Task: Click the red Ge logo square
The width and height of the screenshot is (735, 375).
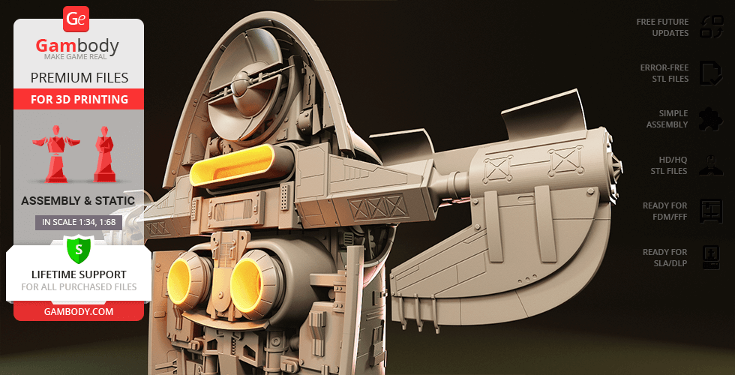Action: pyautogui.click(x=76, y=19)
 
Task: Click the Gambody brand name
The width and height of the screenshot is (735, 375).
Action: pyautogui.click(x=77, y=46)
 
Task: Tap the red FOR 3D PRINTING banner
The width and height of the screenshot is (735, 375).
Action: pyautogui.click(x=79, y=99)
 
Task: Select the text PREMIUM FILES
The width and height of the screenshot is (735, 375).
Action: pyautogui.click(x=79, y=77)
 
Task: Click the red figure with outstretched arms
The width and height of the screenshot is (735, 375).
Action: pyautogui.click(x=55, y=154)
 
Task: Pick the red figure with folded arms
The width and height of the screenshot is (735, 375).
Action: pyautogui.click(x=104, y=154)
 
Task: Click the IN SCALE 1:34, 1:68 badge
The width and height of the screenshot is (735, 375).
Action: pyautogui.click(x=79, y=222)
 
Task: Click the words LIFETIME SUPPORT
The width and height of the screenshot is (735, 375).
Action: pyautogui.click(x=79, y=274)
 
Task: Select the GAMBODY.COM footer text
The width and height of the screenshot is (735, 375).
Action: pyautogui.click(x=79, y=312)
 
